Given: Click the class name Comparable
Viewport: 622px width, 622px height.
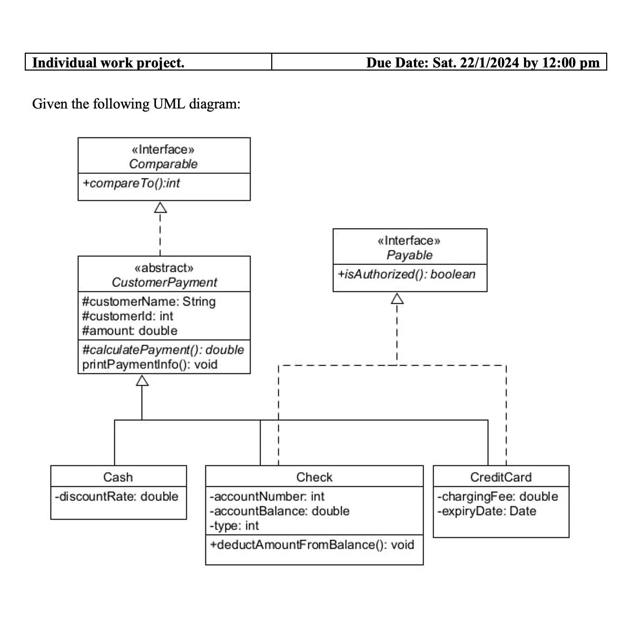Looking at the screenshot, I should pos(163,164).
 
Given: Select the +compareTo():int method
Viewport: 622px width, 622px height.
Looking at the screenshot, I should pos(131,183).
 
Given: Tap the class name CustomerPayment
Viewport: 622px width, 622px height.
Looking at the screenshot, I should pos(164,282).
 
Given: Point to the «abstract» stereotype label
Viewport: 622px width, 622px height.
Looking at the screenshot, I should pos(164,268).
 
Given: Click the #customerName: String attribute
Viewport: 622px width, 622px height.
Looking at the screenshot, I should pos(149,302).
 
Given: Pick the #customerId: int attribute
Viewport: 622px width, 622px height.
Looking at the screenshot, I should pos(128,316).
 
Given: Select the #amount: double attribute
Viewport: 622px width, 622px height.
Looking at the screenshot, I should pos(130,331).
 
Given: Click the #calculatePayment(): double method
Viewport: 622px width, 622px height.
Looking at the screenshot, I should pos(163,350).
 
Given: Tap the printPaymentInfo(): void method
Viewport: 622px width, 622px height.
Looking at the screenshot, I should pos(150,364).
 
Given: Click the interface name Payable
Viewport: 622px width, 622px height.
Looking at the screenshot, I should pos(409,255).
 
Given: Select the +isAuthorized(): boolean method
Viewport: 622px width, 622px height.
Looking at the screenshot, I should pos(407,274).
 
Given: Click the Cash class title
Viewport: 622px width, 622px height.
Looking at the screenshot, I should pos(118,477).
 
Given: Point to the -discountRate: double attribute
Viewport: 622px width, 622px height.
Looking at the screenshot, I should pos(117,496).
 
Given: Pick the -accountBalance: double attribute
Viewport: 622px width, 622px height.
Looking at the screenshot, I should pos(279,511).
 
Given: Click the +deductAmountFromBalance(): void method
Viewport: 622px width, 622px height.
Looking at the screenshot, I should pos(312,545).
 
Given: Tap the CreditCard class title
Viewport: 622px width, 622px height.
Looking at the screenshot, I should pos(501,477).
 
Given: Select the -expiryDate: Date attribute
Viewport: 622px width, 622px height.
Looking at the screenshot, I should pos(487,511).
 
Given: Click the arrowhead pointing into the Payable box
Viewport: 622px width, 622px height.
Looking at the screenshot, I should pos(397,299).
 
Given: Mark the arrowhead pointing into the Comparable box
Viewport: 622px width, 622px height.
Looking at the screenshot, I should pos(160,208).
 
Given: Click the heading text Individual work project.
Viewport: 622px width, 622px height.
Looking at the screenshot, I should pos(108,63).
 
